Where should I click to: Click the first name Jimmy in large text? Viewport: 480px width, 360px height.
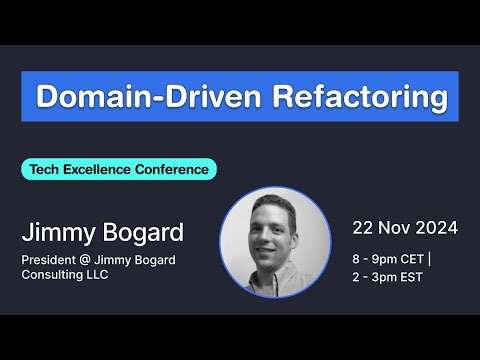59,233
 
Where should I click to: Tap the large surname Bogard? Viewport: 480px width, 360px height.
142,233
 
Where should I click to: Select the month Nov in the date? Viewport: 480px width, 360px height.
394,227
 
